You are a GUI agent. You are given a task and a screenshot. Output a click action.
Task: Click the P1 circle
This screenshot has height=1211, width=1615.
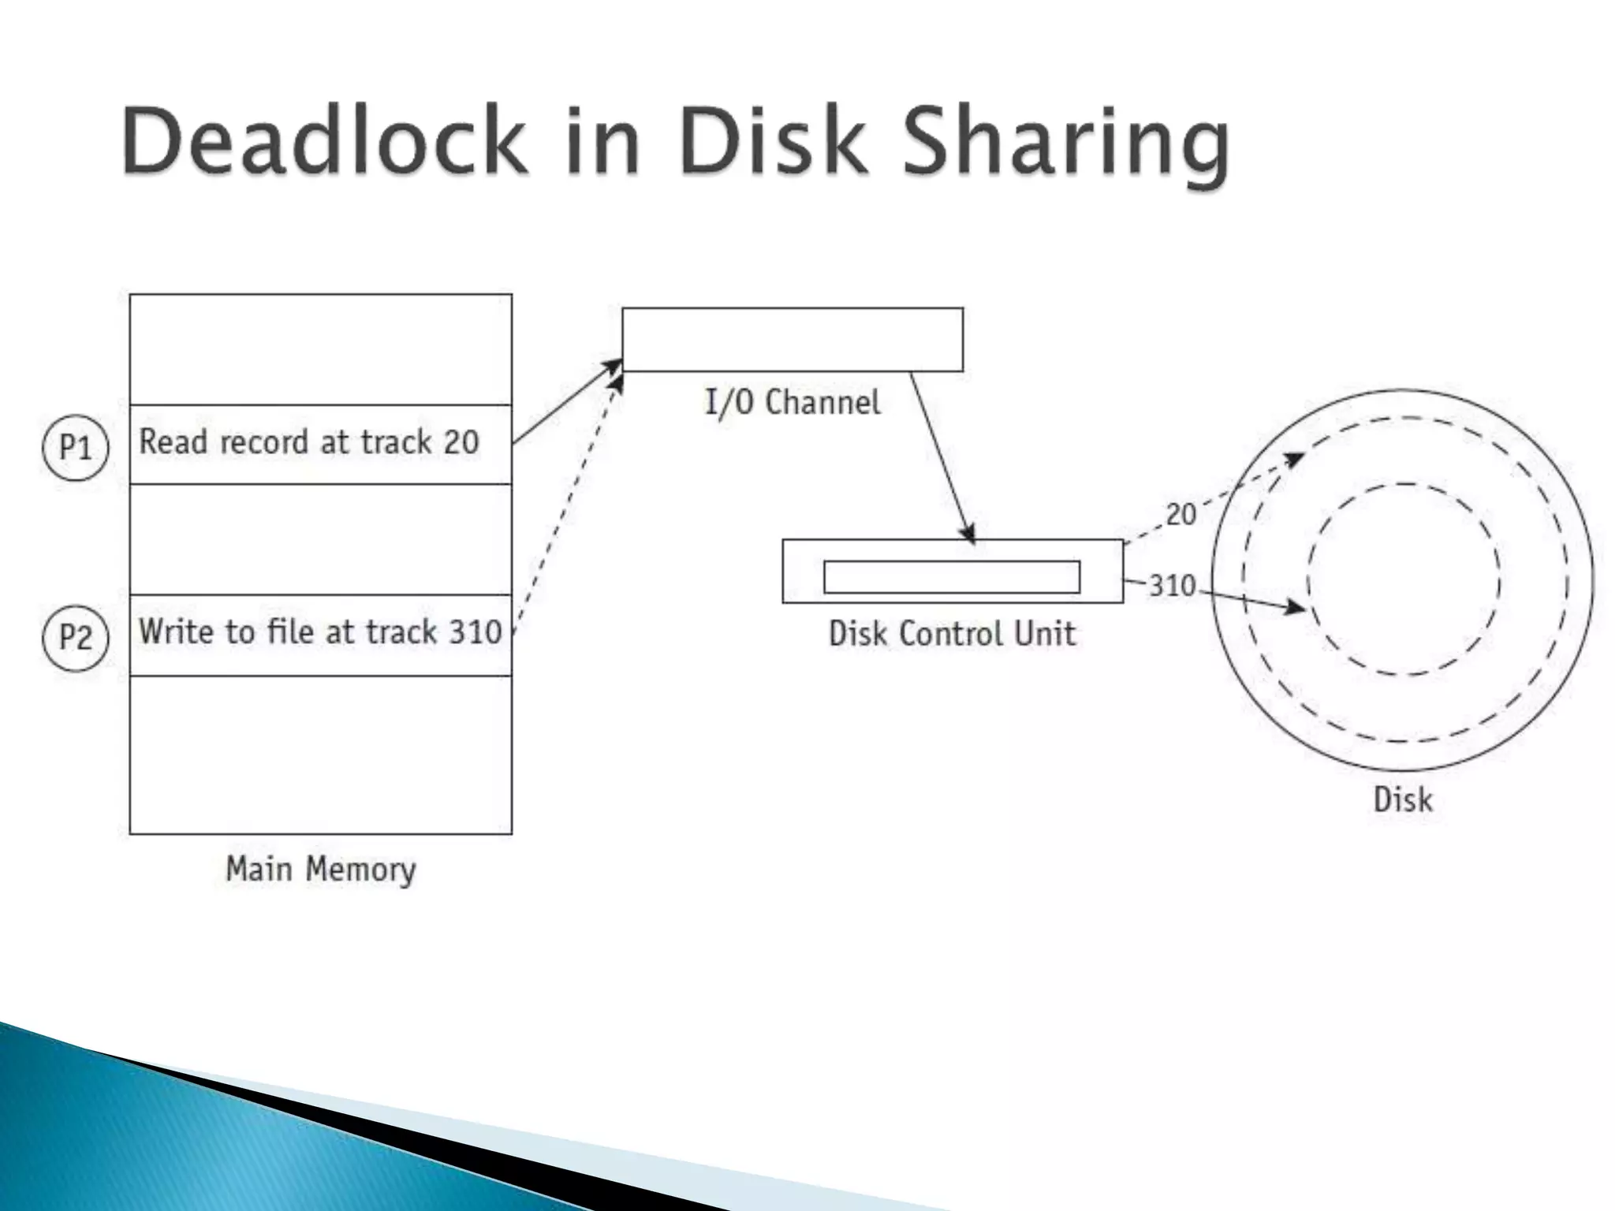click(x=75, y=448)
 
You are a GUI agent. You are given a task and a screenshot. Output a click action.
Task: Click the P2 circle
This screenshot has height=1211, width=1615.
click(x=75, y=636)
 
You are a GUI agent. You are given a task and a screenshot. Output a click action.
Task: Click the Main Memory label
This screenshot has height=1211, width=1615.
click(x=320, y=869)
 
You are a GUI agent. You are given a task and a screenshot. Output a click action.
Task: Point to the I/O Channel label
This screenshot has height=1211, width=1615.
click(x=792, y=402)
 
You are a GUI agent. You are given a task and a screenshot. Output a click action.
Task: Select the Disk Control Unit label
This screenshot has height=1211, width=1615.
click(x=952, y=634)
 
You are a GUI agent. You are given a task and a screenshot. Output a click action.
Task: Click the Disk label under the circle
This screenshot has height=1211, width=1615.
click(x=1402, y=799)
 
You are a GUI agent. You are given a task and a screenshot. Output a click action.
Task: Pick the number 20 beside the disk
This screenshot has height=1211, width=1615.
click(x=1180, y=515)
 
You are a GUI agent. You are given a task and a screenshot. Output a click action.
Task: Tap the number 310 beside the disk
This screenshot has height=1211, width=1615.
click(x=1172, y=586)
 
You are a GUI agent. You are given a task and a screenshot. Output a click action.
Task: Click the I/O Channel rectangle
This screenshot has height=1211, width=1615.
click(x=792, y=340)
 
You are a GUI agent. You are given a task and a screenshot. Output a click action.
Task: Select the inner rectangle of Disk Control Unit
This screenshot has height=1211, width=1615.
click(x=951, y=577)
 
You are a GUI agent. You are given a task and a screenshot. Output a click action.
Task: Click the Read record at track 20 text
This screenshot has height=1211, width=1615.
click(x=308, y=442)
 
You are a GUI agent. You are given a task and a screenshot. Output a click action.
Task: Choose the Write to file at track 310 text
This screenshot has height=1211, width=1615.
click(x=319, y=632)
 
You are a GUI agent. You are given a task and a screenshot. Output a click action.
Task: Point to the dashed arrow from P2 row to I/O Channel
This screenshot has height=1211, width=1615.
click(x=568, y=505)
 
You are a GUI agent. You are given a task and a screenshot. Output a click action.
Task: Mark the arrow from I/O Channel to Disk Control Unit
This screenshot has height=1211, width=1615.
click(x=942, y=457)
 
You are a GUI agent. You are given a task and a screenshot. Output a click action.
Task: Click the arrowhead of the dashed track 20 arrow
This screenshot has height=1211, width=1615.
click(x=1294, y=458)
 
